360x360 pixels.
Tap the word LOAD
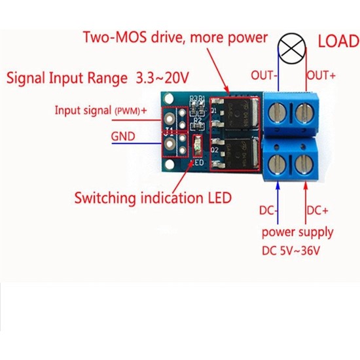[x=338, y=41]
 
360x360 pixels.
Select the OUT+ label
[x=321, y=75]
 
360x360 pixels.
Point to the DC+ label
[x=317, y=211]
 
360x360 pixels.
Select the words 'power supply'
[x=297, y=232]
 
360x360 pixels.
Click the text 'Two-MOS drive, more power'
[x=175, y=37]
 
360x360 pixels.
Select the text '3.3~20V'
[x=161, y=79]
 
